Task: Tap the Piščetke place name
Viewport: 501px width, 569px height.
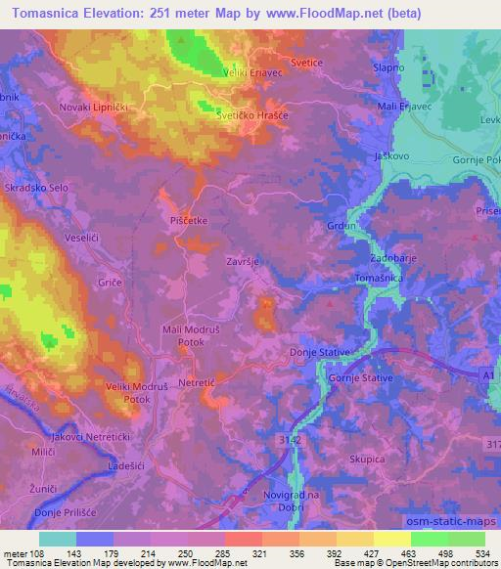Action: coord(188,221)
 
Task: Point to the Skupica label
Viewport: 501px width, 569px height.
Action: coord(367,457)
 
